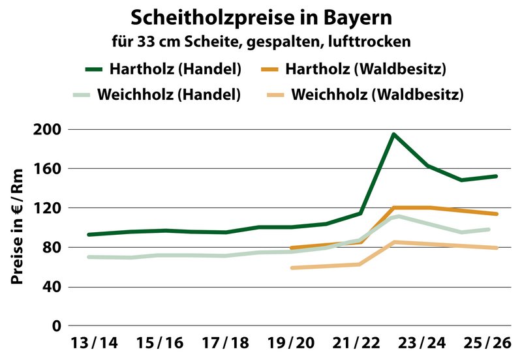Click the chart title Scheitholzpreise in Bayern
click(x=261, y=16)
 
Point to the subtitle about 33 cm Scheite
click(x=261, y=41)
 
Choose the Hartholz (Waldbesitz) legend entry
click(x=364, y=68)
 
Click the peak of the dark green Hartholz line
click(x=393, y=134)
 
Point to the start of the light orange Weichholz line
click(x=292, y=268)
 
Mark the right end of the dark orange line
click(x=497, y=214)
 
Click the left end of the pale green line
click(x=89, y=257)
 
